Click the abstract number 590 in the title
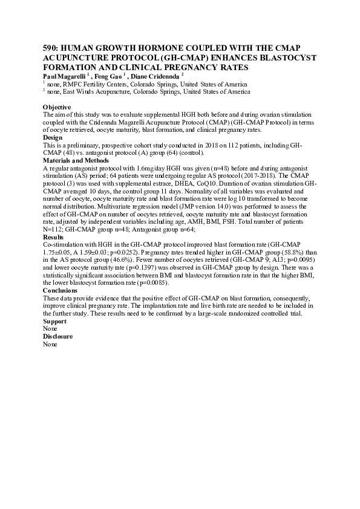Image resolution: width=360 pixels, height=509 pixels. pyautogui.click(x=50, y=47)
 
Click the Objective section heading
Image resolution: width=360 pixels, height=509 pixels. pyautogui.click(x=57, y=107)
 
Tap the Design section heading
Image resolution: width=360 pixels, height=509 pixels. pyautogui.click(x=53, y=137)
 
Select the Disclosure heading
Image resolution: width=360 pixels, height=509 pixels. pyautogui.click(x=58, y=336)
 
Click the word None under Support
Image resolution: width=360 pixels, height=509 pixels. pyautogui.click(x=50, y=328)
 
